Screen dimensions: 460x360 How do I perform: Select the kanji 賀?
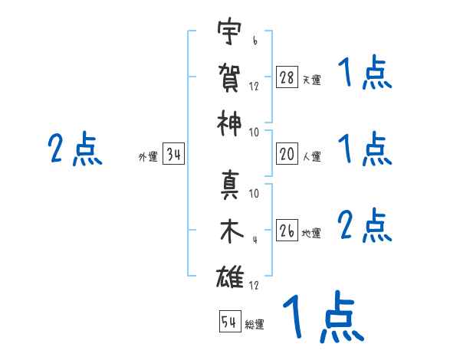pos(229,77)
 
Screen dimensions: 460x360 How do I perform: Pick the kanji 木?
pos(229,232)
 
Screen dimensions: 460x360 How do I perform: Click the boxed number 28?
pos(287,77)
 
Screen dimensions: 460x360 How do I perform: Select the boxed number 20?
pos(287,154)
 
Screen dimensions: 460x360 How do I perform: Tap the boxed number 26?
pos(287,231)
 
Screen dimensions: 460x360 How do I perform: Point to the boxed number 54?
pos(229,322)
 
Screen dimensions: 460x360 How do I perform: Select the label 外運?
pos(148,158)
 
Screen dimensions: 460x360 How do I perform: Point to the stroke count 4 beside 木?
pos(254,239)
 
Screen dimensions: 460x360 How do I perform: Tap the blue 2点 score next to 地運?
pos(365,226)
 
